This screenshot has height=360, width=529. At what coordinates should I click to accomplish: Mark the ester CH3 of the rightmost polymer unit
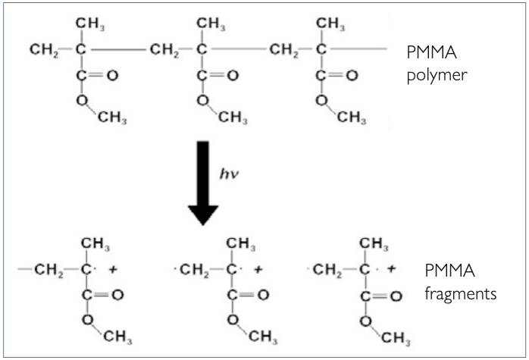(352, 118)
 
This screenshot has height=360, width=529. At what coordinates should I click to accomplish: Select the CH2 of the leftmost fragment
(48, 269)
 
